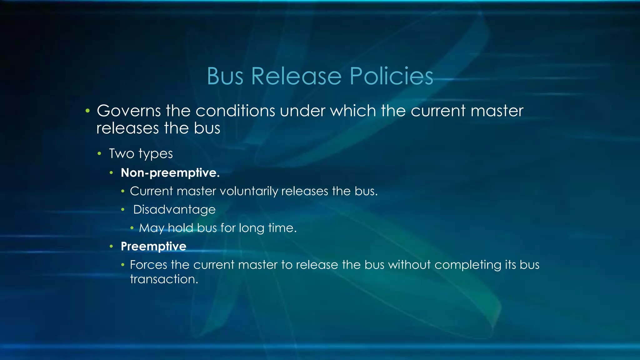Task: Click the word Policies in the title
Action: pos(391,76)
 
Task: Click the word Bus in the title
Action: pos(225,76)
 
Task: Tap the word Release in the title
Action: pos(296,76)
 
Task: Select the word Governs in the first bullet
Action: pos(129,111)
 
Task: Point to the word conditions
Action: pos(235,111)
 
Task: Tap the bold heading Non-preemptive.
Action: pos(170,173)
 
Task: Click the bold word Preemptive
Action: pos(153,247)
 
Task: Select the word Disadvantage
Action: pos(174,210)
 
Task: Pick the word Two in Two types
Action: pos(121,154)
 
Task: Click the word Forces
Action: pos(148,265)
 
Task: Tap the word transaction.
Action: pos(164,279)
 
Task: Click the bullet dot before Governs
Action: pos(87,111)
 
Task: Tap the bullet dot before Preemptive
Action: pos(111,247)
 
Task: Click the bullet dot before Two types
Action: pos(99,154)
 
